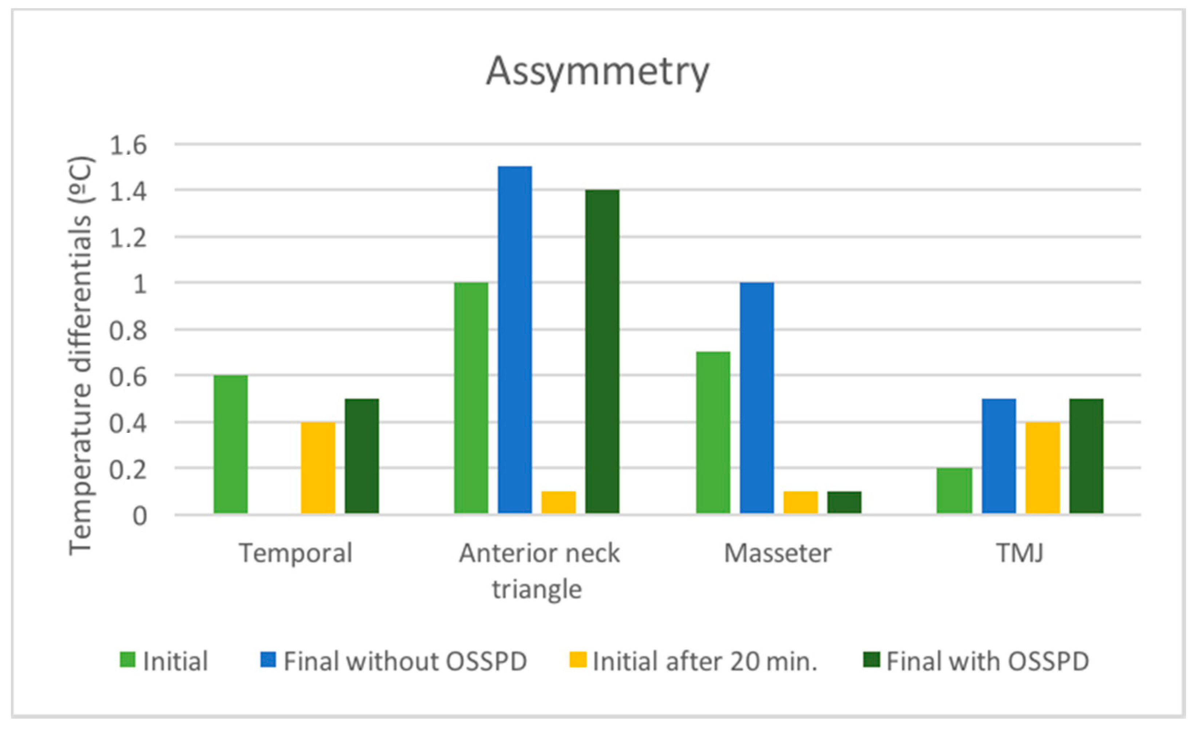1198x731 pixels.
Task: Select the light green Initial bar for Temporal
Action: click(x=230, y=444)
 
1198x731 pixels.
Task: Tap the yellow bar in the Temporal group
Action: click(x=318, y=467)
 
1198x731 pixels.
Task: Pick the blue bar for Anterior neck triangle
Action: click(x=515, y=340)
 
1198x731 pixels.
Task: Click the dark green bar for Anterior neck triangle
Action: click(x=602, y=351)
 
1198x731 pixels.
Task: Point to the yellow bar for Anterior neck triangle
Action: click(x=559, y=502)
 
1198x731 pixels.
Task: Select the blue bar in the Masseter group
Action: click(x=757, y=398)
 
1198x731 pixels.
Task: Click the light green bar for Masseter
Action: click(x=713, y=432)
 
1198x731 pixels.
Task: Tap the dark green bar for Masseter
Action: click(x=845, y=502)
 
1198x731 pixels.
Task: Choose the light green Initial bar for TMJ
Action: click(x=954, y=490)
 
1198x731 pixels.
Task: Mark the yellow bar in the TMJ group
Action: click(x=1043, y=467)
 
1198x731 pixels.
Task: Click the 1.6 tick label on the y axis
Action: click(x=128, y=145)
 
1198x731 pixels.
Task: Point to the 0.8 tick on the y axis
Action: click(x=128, y=331)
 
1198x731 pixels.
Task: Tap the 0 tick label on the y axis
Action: click(x=139, y=516)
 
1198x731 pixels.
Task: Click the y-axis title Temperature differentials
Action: click(x=80, y=355)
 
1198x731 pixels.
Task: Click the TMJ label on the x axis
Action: click(x=1020, y=553)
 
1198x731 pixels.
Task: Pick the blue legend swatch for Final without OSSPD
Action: click(x=268, y=660)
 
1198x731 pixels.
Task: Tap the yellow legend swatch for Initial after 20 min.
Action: click(x=578, y=660)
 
